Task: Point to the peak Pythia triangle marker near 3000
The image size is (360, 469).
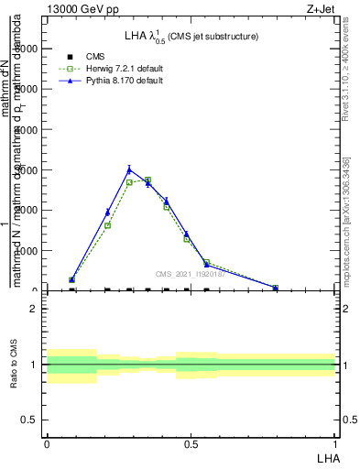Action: pyautogui.click(x=129, y=169)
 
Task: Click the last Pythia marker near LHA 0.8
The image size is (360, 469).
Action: pyautogui.click(x=276, y=288)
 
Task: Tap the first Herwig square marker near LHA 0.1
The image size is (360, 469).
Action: pyautogui.click(x=71, y=280)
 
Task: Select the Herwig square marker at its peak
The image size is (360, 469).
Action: pyautogui.click(x=147, y=180)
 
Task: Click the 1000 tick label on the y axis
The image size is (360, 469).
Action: pyautogui.click(x=27, y=250)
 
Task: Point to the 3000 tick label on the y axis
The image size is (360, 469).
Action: pyautogui.click(x=27, y=169)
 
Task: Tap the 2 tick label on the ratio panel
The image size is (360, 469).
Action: pyautogui.click(x=33, y=309)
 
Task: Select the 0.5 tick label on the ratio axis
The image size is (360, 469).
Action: pyautogui.click(x=29, y=420)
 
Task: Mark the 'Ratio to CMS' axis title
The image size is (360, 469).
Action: pyautogui.click(x=15, y=365)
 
